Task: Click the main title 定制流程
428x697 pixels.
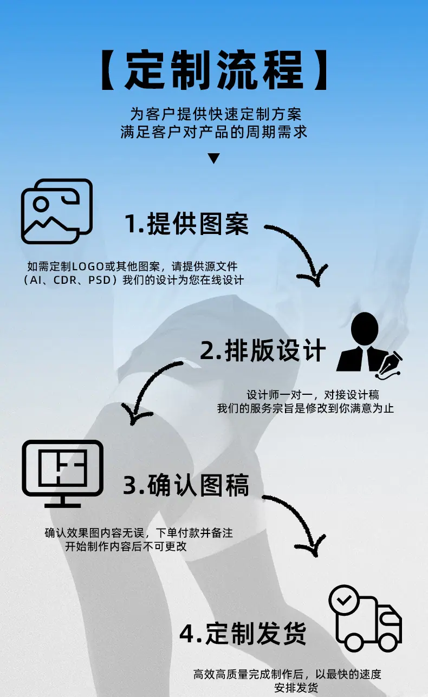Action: pos(214,70)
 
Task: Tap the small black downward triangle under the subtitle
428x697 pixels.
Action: pos(214,158)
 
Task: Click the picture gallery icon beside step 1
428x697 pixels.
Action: pos(57,211)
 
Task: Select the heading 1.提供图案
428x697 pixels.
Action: pos(186,224)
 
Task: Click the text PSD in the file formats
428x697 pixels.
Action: pos(100,280)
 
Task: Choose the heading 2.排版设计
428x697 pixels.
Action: pos(263,350)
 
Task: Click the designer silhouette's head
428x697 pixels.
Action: pos(365,328)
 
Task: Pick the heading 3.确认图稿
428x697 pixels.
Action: pos(186,485)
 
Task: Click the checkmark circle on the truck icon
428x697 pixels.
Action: pos(344,600)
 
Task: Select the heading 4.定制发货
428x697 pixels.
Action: pos(243,634)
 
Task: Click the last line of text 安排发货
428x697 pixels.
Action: pos(296,688)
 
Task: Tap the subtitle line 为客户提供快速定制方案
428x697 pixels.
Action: pos(216,114)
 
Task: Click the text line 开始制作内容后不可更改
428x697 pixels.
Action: pos(126,546)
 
